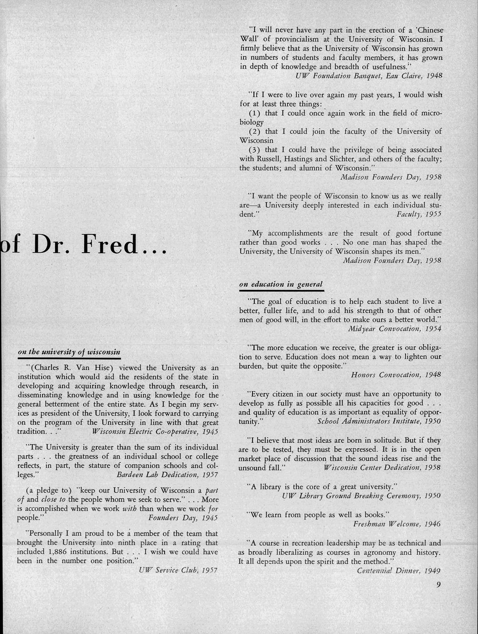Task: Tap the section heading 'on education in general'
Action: pyautogui.click(x=281, y=284)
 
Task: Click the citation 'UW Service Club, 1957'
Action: pyautogui.click(x=178, y=570)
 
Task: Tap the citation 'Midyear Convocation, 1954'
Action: pyautogui.click(x=394, y=328)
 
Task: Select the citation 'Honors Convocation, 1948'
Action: pyautogui.click(x=396, y=375)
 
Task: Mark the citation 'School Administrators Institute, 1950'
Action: pyautogui.click(x=379, y=421)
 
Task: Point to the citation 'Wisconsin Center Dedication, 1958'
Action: pyautogui.click(x=382, y=468)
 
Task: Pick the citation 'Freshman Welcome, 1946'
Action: pyautogui.click(x=397, y=524)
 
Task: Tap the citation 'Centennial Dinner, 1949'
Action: pyautogui.click(x=399, y=571)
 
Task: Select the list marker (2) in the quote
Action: pyautogui.click(x=255, y=131)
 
